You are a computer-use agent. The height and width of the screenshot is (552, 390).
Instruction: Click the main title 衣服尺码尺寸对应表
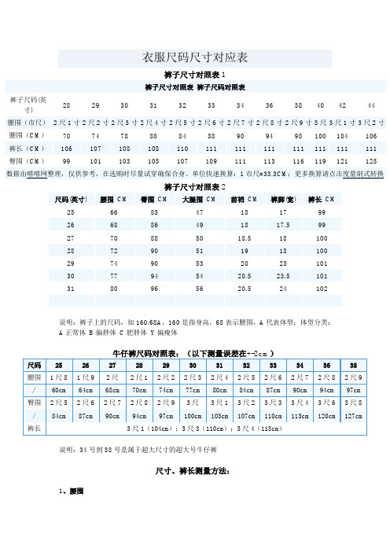pos(194,57)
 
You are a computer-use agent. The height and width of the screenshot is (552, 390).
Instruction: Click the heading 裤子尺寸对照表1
pos(194,75)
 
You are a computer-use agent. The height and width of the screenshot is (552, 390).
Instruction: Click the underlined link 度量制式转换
pos(359,173)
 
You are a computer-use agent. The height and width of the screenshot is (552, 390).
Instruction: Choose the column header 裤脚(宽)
pos(278,200)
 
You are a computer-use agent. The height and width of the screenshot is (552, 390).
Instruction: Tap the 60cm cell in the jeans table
pos(58,391)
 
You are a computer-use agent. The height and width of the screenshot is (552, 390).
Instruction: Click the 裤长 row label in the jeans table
pos(34,429)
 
